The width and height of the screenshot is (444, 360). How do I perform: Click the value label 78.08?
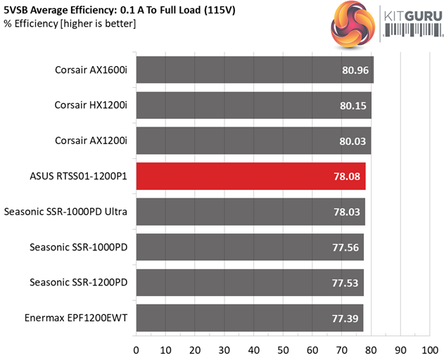(x=346, y=176)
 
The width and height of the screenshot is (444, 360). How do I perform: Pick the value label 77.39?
(x=344, y=319)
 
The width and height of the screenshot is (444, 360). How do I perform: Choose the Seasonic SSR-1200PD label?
(x=79, y=283)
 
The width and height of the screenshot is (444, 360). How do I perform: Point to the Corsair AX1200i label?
(x=91, y=141)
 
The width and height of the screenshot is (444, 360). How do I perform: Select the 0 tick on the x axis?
(x=136, y=349)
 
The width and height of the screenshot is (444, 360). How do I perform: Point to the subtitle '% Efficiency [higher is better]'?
(x=68, y=24)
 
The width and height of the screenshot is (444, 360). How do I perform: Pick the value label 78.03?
(x=345, y=212)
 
